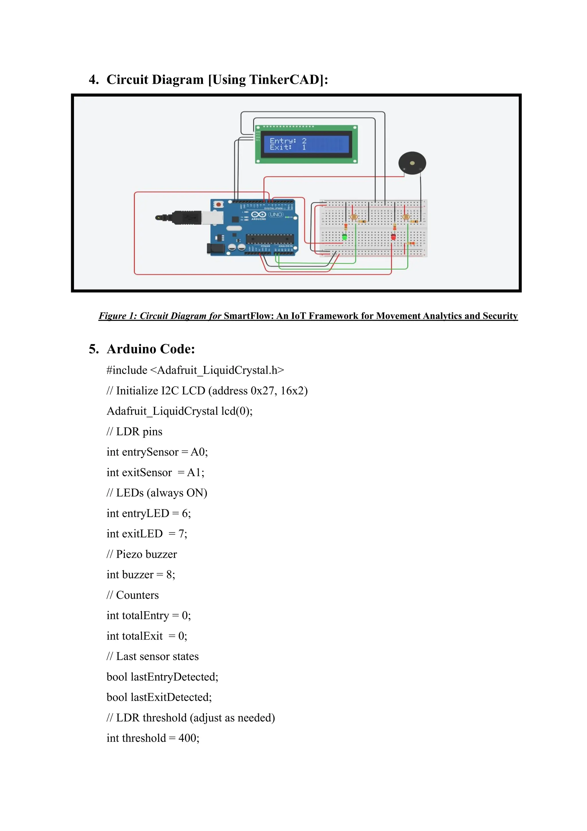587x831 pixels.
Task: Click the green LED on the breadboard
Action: click(x=345, y=237)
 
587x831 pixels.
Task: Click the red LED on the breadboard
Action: click(x=393, y=237)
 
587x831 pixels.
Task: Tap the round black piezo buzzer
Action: click(x=412, y=163)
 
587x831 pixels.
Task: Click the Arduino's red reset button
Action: click(x=218, y=204)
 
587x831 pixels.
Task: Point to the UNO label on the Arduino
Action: click(x=276, y=215)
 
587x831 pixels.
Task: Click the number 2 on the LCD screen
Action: click(x=304, y=141)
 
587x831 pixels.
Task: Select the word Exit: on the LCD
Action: click(x=281, y=147)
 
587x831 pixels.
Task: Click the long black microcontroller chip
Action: click(x=270, y=239)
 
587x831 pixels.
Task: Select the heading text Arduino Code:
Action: click(x=151, y=349)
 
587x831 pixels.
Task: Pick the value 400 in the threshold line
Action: click(x=187, y=738)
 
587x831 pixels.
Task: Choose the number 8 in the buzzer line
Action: click(x=169, y=575)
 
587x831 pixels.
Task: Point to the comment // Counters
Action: click(x=133, y=595)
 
